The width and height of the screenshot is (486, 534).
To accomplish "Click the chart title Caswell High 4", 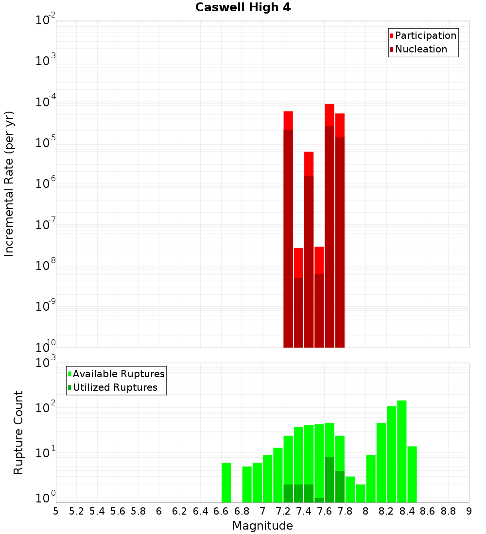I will pyautogui.click(x=243, y=8).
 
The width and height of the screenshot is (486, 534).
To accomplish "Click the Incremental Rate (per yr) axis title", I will pyautogui.click(x=9, y=184).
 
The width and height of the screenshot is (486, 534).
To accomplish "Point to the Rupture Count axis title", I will pyautogui.click(x=18, y=433).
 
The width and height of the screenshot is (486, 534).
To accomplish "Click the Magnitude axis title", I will pyautogui.click(x=262, y=526).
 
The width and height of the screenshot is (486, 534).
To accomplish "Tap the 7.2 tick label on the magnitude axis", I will pyautogui.click(x=283, y=511).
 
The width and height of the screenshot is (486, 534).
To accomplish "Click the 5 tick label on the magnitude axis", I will pyautogui.click(x=56, y=511).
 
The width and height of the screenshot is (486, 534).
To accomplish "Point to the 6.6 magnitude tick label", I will pyautogui.click(x=221, y=511).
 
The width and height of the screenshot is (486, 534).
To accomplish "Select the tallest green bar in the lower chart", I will pyautogui.click(x=402, y=451).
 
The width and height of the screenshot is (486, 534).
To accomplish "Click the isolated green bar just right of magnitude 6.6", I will pyautogui.click(x=226, y=483).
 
